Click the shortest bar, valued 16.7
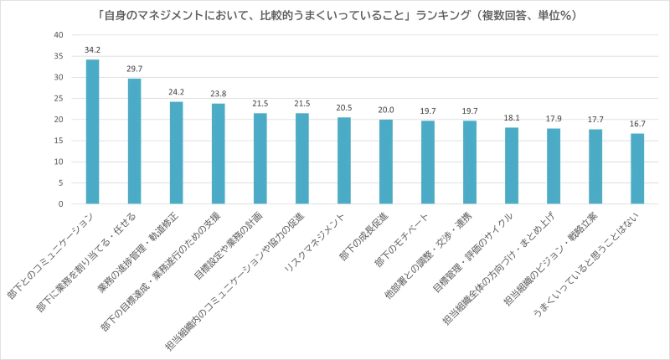pos(637,168)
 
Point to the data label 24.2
pos(176,92)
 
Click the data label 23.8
pos(218,94)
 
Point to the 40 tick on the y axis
pos(58,34)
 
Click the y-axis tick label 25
pos(58,98)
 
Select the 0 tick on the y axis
pos(60,203)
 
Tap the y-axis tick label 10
pos(58,162)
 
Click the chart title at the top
pos(335,15)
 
